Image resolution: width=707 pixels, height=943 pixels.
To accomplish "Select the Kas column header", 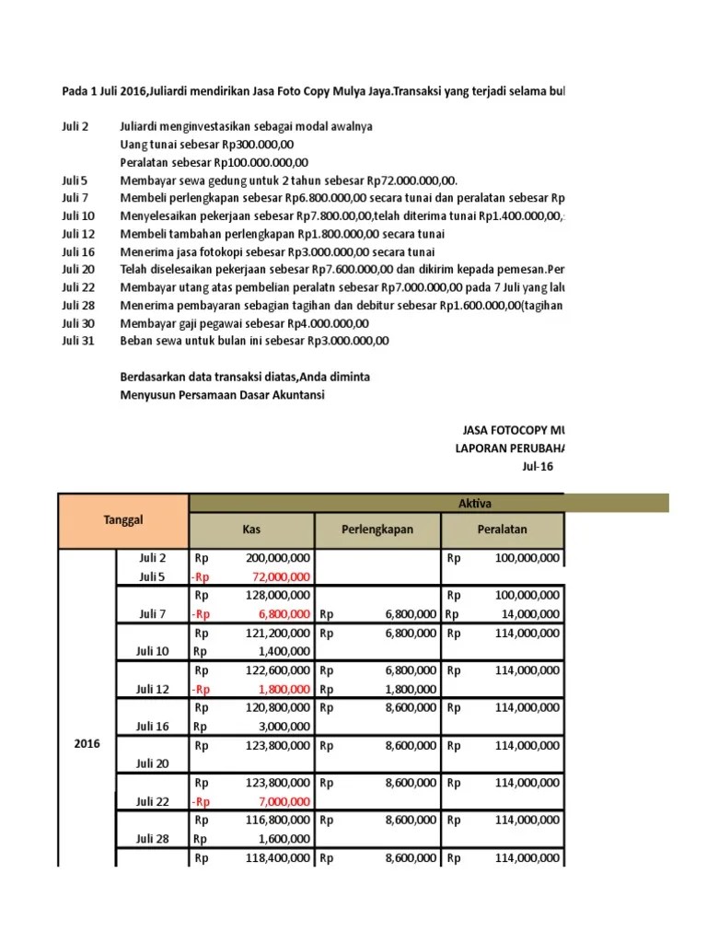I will pyautogui.click(x=251, y=530).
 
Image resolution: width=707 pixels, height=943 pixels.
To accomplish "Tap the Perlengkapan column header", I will pyautogui.click(x=377, y=530).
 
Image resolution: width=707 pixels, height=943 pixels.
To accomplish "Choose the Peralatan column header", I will pyautogui.click(x=503, y=530).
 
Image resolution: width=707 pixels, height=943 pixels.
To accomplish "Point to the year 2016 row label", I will pyautogui.click(x=87, y=743).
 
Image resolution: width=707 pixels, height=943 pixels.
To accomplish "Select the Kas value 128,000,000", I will pyautogui.click(x=277, y=595).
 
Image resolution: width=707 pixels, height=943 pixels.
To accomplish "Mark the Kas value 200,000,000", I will pyautogui.click(x=277, y=558).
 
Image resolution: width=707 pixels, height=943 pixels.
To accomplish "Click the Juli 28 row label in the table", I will pyautogui.click(x=153, y=839).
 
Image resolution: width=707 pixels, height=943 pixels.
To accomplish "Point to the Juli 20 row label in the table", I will pyautogui.click(x=153, y=763).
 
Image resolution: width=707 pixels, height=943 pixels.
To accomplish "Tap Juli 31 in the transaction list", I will pyautogui.click(x=78, y=340).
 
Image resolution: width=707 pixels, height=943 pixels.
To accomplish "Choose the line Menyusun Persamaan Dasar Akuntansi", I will pyautogui.click(x=222, y=395).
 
